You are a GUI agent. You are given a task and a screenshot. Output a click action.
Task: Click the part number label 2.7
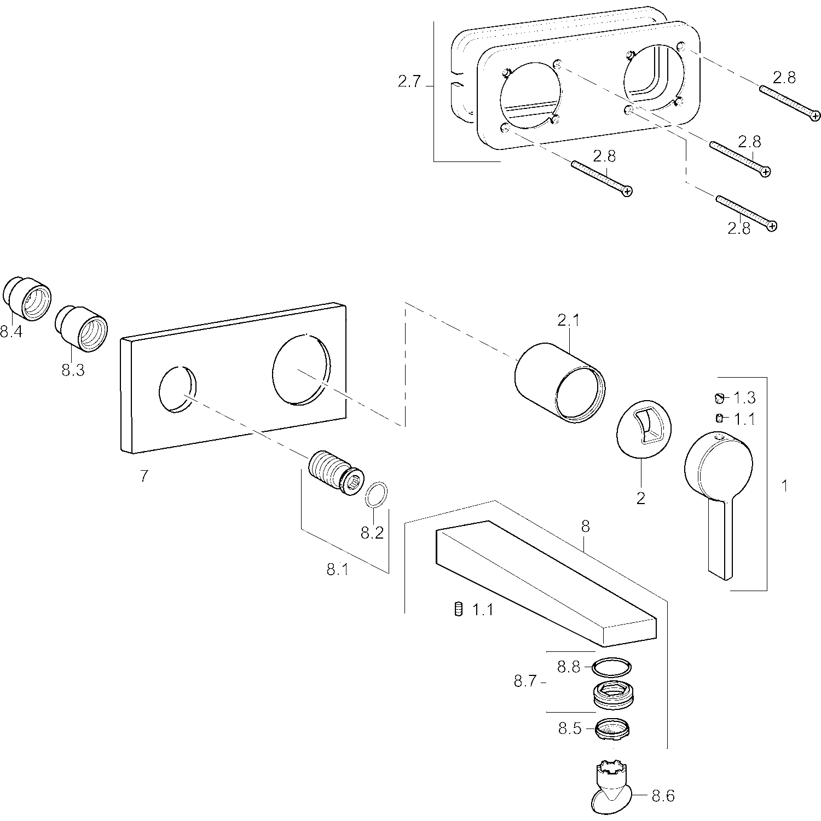[409, 82]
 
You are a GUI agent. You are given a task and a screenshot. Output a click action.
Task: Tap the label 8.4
[11, 331]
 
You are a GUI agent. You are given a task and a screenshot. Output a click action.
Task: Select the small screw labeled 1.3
[720, 397]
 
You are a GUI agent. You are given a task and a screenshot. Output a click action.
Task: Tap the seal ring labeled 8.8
[611, 667]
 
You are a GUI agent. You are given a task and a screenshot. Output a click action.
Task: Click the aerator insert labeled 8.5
[614, 729]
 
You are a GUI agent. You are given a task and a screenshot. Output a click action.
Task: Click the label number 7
[143, 476]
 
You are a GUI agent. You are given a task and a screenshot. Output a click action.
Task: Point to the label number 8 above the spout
[585, 527]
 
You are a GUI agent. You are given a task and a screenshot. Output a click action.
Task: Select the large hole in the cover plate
[302, 371]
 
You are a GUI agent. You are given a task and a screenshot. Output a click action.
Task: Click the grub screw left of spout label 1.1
[459, 609]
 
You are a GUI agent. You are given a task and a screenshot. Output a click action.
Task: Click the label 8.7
[526, 682]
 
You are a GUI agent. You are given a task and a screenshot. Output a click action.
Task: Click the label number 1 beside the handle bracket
[784, 485]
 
